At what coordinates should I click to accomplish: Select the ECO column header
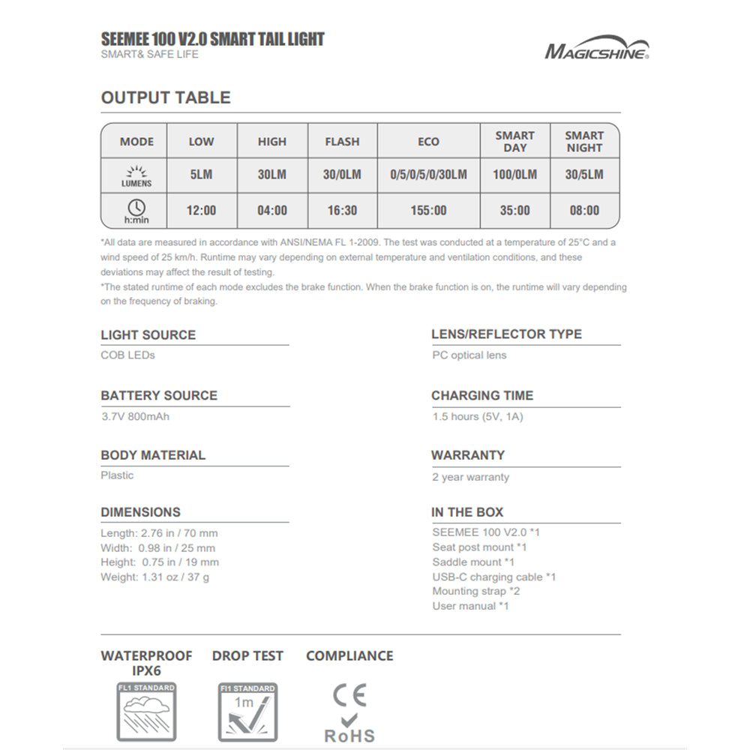[428, 142]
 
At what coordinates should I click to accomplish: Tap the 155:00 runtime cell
[428, 211]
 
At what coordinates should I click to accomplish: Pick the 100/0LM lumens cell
[514, 175]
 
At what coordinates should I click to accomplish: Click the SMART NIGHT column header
[584, 142]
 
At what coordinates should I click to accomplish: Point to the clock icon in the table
[136, 207]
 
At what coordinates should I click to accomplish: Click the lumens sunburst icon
[136, 172]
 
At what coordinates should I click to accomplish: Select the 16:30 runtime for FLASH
[342, 211]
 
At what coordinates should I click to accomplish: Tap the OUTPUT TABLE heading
[166, 97]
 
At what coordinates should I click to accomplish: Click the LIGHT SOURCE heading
[148, 335]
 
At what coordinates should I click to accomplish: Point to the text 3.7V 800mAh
[135, 415]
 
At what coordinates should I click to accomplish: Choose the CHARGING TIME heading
[482, 395]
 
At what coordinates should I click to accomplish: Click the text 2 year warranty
[470, 477]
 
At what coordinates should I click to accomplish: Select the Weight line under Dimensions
[154, 577]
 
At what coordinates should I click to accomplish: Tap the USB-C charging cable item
[493, 577]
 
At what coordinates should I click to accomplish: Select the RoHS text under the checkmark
[349, 736]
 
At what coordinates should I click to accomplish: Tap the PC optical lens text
[469, 355]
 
